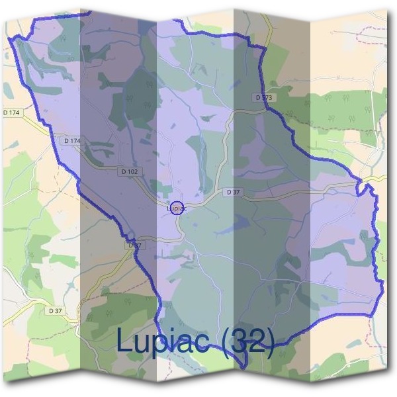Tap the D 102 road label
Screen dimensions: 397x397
pyautogui.click(x=129, y=171)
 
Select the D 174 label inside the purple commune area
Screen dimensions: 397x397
pyautogui.click(x=73, y=141)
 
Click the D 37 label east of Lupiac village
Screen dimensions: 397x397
pyautogui.click(x=232, y=192)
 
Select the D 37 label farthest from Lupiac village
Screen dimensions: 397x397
pyautogui.click(x=56, y=310)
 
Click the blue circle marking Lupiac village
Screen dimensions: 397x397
pyautogui.click(x=176, y=208)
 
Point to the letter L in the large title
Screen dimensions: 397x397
pyautogui.click(x=125, y=341)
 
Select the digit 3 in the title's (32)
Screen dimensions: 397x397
pyautogui.click(x=244, y=341)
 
